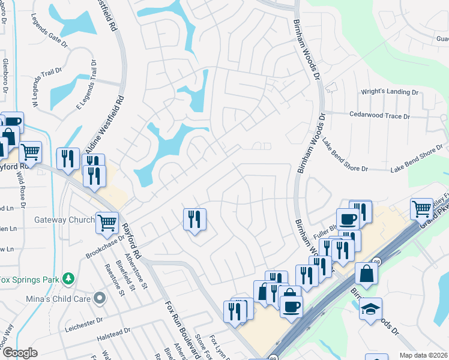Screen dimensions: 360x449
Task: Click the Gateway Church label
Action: tap(65, 220)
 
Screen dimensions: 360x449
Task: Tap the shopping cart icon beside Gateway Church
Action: tap(107, 223)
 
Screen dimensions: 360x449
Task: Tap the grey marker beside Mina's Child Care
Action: tap(100, 298)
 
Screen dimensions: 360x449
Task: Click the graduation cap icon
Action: tap(370, 310)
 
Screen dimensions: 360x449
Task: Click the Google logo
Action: tap(20, 353)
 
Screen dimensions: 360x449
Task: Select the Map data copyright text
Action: tap(423, 355)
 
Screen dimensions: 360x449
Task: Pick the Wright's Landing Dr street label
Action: tap(388, 92)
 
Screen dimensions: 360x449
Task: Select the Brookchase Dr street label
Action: tap(104, 245)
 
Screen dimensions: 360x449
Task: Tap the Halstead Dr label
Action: tap(113, 336)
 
